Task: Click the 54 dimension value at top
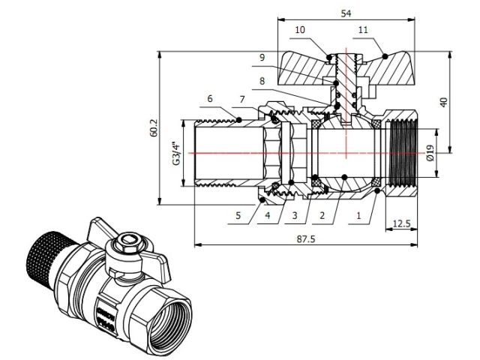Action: [x=347, y=13]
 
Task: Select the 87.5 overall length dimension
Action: [x=305, y=238]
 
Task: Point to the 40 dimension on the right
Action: [x=444, y=101]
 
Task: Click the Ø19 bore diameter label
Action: [x=428, y=153]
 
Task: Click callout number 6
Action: [x=210, y=98]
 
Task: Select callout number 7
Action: [x=242, y=99]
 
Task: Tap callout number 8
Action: [x=262, y=80]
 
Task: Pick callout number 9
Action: [x=262, y=58]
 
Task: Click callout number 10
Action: [x=299, y=30]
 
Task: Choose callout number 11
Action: [x=363, y=30]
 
